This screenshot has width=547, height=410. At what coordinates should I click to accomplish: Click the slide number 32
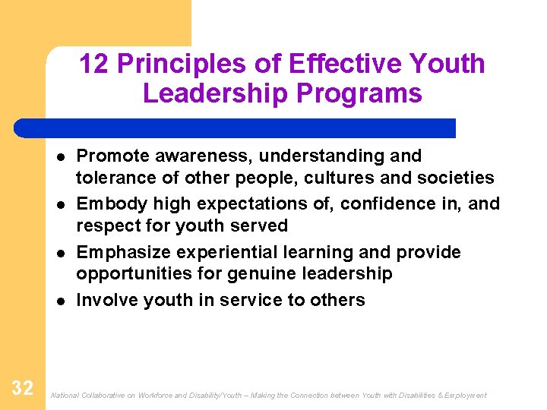click(23, 389)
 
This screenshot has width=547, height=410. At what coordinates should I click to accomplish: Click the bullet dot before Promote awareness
click(59, 156)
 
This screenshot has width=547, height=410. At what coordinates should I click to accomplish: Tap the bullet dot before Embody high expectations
click(59, 204)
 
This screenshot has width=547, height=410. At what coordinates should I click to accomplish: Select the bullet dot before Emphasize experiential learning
click(59, 253)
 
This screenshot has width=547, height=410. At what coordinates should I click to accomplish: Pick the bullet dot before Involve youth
click(59, 301)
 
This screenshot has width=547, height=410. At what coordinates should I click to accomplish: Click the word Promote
click(113, 156)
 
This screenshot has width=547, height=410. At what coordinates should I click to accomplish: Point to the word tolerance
click(115, 178)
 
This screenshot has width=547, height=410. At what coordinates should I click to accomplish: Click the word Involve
click(107, 301)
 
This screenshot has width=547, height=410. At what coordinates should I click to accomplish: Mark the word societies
click(459, 178)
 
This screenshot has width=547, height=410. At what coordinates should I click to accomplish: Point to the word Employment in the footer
click(465, 396)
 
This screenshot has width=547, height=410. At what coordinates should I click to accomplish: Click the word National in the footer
click(63, 396)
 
